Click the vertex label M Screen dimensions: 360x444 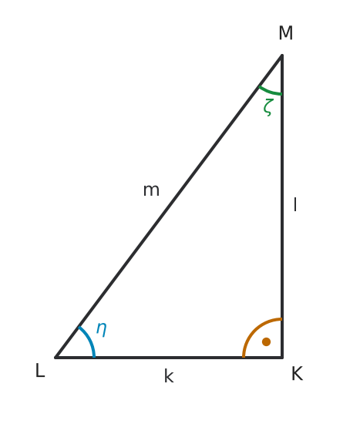click(x=285, y=33)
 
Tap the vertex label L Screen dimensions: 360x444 click(x=40, y=370)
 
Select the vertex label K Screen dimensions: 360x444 click(x=297, y=374)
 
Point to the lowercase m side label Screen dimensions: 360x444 click(x=151, y=190)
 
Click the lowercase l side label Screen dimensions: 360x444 click(x=295, y=204)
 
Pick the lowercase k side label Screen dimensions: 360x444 click(x=169, y=377)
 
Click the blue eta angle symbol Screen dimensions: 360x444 click(x=102, y=329)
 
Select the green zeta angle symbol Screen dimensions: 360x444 click(x=268, y=107)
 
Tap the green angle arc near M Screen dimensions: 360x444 click(x=270, y=91)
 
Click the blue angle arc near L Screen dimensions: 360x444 click(x=89, y=340)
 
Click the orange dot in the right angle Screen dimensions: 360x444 click(x=266, y=341)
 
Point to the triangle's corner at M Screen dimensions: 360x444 click(x=282, y=55)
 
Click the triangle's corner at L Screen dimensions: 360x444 click(x=56, y=358)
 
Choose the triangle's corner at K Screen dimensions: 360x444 click(x=282, y=358)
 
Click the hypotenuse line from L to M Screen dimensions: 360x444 click(x=169, y=206)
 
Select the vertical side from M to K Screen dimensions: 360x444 click(x=282, y=206)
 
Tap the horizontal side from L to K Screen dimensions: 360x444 click(x=169, y=358)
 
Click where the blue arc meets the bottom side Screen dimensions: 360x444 click(x=94, y=357)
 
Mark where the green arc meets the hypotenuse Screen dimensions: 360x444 click(x=259, y=86)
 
